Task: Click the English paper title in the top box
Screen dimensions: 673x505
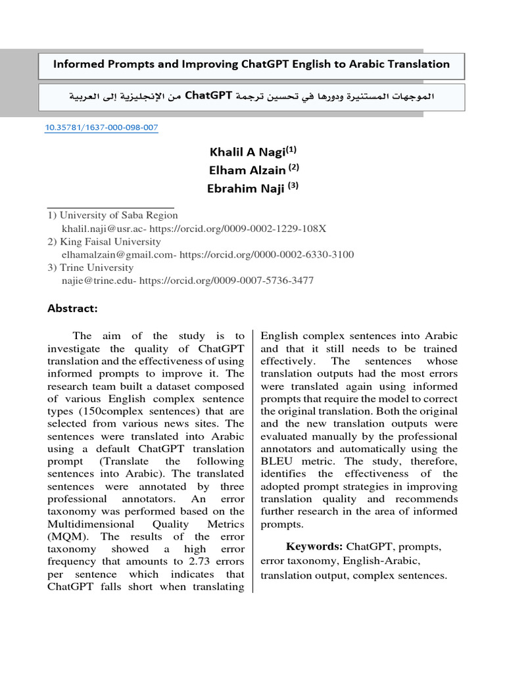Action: pos(251,64)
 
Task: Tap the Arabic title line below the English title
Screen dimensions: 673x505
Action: pos(251,96)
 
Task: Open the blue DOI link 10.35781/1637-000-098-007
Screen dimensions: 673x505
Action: pos(101,128)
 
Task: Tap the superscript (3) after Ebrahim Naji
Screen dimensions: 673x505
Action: pos(293,186)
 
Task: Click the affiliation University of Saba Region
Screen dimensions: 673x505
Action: pos(118,215)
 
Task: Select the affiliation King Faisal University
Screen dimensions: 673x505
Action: pos(110,241)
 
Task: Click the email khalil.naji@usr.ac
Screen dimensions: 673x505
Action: pos(103,228)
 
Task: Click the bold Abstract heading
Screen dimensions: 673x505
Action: pos(72,308)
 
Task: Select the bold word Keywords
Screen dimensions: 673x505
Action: pos(314,546)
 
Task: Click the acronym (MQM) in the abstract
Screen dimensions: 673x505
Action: pos(64,536)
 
